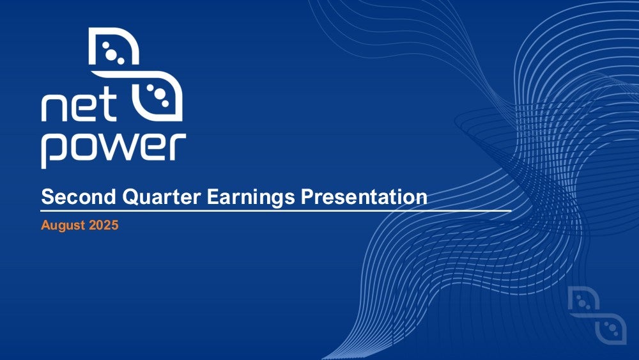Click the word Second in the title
pos(79,196)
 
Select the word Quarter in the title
pos(162,197)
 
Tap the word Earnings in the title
pos(250,198)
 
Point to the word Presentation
pos(364,197)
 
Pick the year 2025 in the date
pos(104,225)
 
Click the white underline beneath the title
pos(276,211)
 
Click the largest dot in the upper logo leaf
pos(111,54)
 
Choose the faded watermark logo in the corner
pos(597,315)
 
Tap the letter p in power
pos(56,150)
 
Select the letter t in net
pos(108,106)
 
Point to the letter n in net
pos(54,109)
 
